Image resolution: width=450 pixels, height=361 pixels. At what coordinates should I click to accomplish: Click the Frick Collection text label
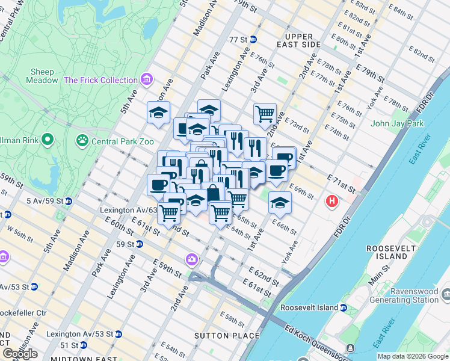[x=100, y=80]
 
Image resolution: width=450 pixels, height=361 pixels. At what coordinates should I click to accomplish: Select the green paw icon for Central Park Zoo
[x=82, y=140]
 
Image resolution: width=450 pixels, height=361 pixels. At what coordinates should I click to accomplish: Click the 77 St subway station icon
[x=253, y=40]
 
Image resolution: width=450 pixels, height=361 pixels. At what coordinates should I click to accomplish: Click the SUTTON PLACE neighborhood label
[x=227, y=335]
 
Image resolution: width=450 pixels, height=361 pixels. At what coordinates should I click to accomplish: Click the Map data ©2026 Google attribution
[x=413, y=356]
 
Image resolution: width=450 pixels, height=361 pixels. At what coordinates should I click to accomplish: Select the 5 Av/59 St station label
[x=32, y=200]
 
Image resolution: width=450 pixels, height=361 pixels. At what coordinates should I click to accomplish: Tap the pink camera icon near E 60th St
[x=192, y=259]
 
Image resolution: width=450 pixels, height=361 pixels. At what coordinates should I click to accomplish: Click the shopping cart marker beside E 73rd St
[x=265, y=113]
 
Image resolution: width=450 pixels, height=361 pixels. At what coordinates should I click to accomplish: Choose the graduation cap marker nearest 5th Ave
[x=159, y=113]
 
